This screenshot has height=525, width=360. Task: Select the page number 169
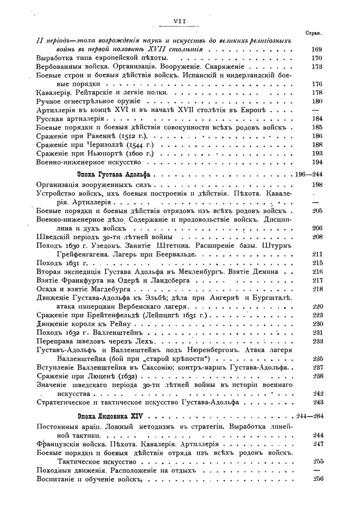pyautogui.click(x=317, y=50)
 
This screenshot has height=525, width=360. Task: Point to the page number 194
pyautogui.click(x=317, y=162)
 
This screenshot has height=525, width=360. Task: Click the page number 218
pyautogui.click(x=317, y=289)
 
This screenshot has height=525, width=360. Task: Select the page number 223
pyautogui.click(x=317, y=315)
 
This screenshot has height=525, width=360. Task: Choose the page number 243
pyautogui.click(x=317, y=402)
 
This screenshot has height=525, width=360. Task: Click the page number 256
pyautogui.click(x=317, y=480)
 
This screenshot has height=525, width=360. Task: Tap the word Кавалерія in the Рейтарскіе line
pyautogui.click(x=54, y=92)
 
